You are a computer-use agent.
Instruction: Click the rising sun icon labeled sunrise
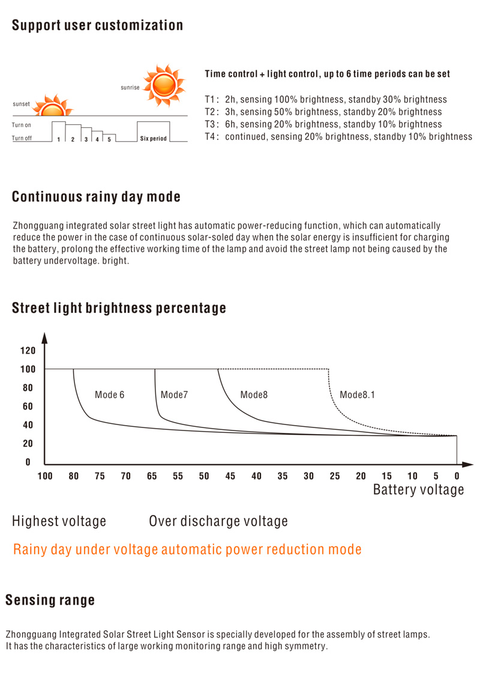[164, 85]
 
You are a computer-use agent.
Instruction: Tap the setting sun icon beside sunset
[53, 105]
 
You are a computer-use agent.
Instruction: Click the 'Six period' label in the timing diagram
[153, 139]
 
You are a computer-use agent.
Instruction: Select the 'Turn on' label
[21, 125]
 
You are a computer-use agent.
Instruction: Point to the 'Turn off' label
[22, 138]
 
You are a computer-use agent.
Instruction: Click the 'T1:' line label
[212, 100]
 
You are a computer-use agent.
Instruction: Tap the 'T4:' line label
[212, 137]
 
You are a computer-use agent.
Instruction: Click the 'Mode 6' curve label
[110, 394]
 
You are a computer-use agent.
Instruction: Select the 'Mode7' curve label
[174, 394]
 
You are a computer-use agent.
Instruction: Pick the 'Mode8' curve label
[254, 394]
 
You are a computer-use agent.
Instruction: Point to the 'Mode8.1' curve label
[357, 394]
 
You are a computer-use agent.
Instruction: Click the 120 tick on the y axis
[28, 351]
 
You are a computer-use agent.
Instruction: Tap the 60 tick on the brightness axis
[28, 406]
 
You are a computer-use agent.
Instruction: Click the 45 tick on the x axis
[230, 476]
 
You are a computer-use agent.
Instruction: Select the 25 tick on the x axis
[335, 476]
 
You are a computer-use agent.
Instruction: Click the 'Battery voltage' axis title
[419, 490]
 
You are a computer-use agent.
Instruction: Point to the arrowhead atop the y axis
[44, 338]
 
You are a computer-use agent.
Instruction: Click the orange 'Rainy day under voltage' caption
[187, 549]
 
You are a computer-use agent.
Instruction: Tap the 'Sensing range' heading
[50, 600]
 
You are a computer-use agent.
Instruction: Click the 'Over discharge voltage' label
[218, 521]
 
